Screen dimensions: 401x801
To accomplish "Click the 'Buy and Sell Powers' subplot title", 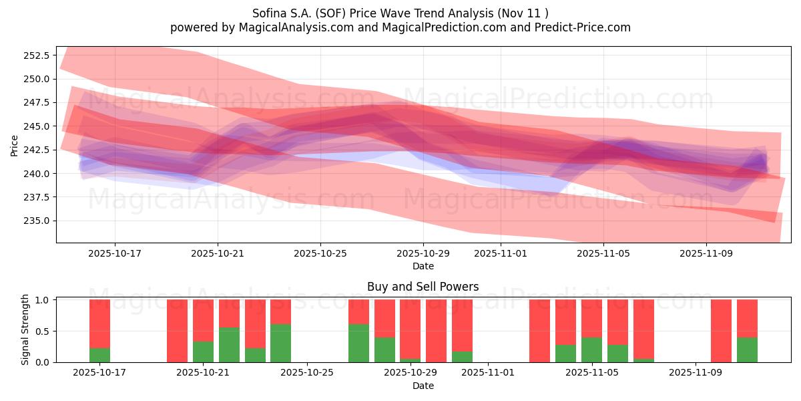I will pyautogui.click(x=423, y=287).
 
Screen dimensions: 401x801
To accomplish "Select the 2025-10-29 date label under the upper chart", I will pyautogui.click(x=423, y=253).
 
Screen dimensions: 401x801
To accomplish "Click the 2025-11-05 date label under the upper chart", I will pyautogui.click(x=603, y=253).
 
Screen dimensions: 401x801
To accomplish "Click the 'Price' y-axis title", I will pyautogui.click(x=15, y=144).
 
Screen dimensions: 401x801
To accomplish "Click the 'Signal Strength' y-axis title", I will pyautogui.click(x=25, y=329).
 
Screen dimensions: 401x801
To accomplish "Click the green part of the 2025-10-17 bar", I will pyautogui.click(x=99, y=356).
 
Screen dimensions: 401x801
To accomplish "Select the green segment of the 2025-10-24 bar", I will pyautogui.click(x=280, y=344).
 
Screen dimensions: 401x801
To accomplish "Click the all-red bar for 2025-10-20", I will pyautogui.click(x=177, y=331).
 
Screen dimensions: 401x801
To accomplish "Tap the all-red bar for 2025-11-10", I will pyautogui.click(x=721, y=331).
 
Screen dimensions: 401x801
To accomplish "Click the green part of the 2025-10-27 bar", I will pyautogui.click(x=358, y=344).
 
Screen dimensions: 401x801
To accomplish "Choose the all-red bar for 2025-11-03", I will pyautogui.click(x=539, y=331).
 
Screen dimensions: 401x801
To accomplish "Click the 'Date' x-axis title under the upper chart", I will pyautogui.click(x=423, y=266).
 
